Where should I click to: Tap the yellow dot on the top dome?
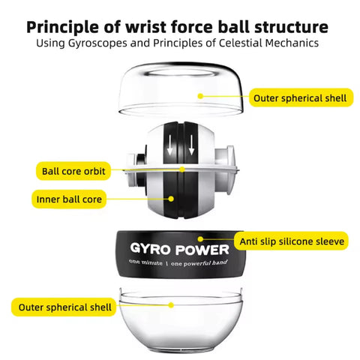coord(200,96)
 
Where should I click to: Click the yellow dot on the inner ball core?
coord(171,199)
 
